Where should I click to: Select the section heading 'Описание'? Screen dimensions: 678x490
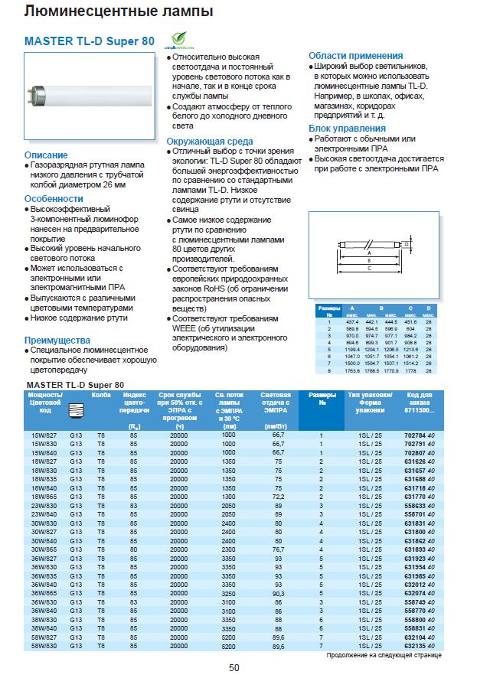click(x=46, y=155)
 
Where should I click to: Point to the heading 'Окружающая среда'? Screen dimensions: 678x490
click(x=211, y=141)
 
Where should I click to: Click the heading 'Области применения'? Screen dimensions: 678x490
click(x=355, y=56)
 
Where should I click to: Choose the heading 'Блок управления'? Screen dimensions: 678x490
click(x=347, y=128)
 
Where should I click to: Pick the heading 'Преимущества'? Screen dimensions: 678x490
click(x=57, y=340)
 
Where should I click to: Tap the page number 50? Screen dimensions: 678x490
click(x=234, y=667)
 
